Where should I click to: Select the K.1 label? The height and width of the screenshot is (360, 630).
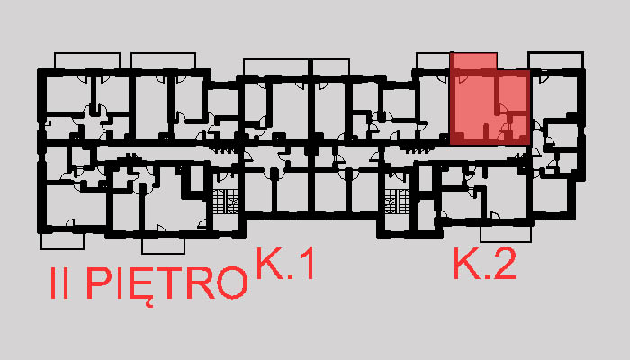[285, 265]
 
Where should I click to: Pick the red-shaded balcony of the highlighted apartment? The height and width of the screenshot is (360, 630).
[472, 62]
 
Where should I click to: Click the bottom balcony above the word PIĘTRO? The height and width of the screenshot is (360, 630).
[168, 246]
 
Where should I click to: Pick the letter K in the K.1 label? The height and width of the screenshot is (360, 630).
[268, 265]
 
